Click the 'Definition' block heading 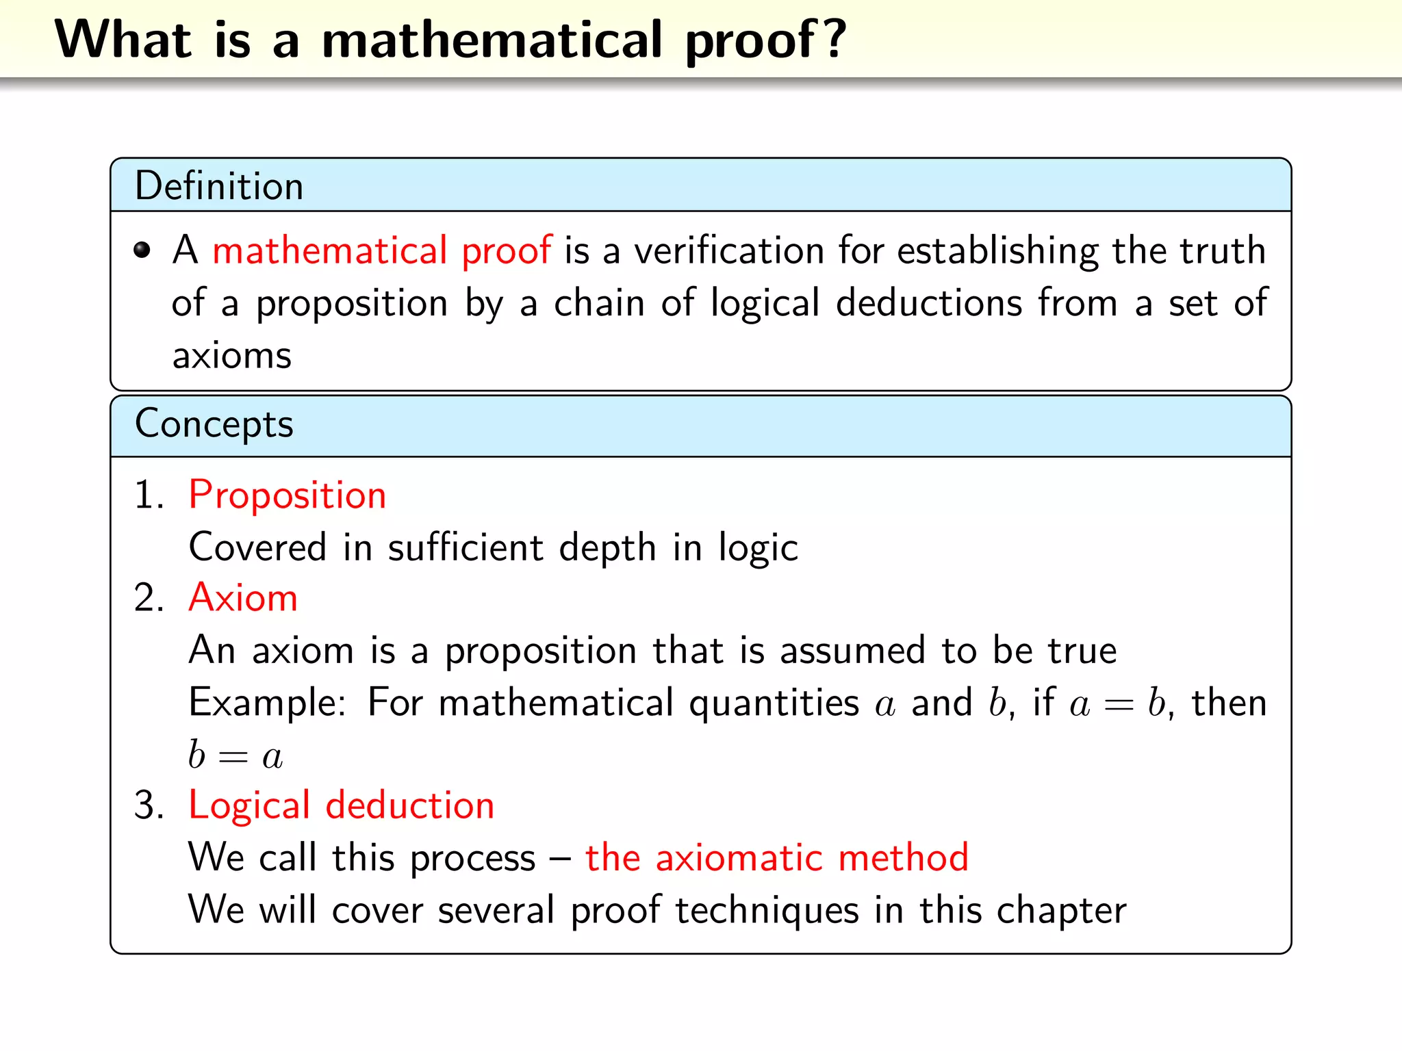pyautogui.click(x=219, y=186)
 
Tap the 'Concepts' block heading pyautogui.click(x=214, y=424)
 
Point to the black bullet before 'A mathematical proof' pyautogui.click(x=142, y=250)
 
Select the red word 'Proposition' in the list pyautogui.click(x=288, y=495)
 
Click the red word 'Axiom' pyautogui.click(x=243, y=598)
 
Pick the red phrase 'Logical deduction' pyautogui.click(x=341, y=805)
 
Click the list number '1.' pyautogui.click(x=149, y=495)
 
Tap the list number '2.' pyautogui.click(x=149, y=598)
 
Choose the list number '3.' pyautogui.click(x=149, y=805)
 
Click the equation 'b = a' pyautogui.click(x=235, y=755)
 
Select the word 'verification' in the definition pyautogui.click(x=729, y=250)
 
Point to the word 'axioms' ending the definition pyautogui.click(x=231, y=356)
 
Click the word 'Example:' pyautogui.click(x=268, y=703)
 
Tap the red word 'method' pyautogui.click(x=903, y=858)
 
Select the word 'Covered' pyautogui.click(x=257, y=548)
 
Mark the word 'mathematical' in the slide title pyautogui.click(x=492, y=40)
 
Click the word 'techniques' pyautogui.click(x=767, y=911)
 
